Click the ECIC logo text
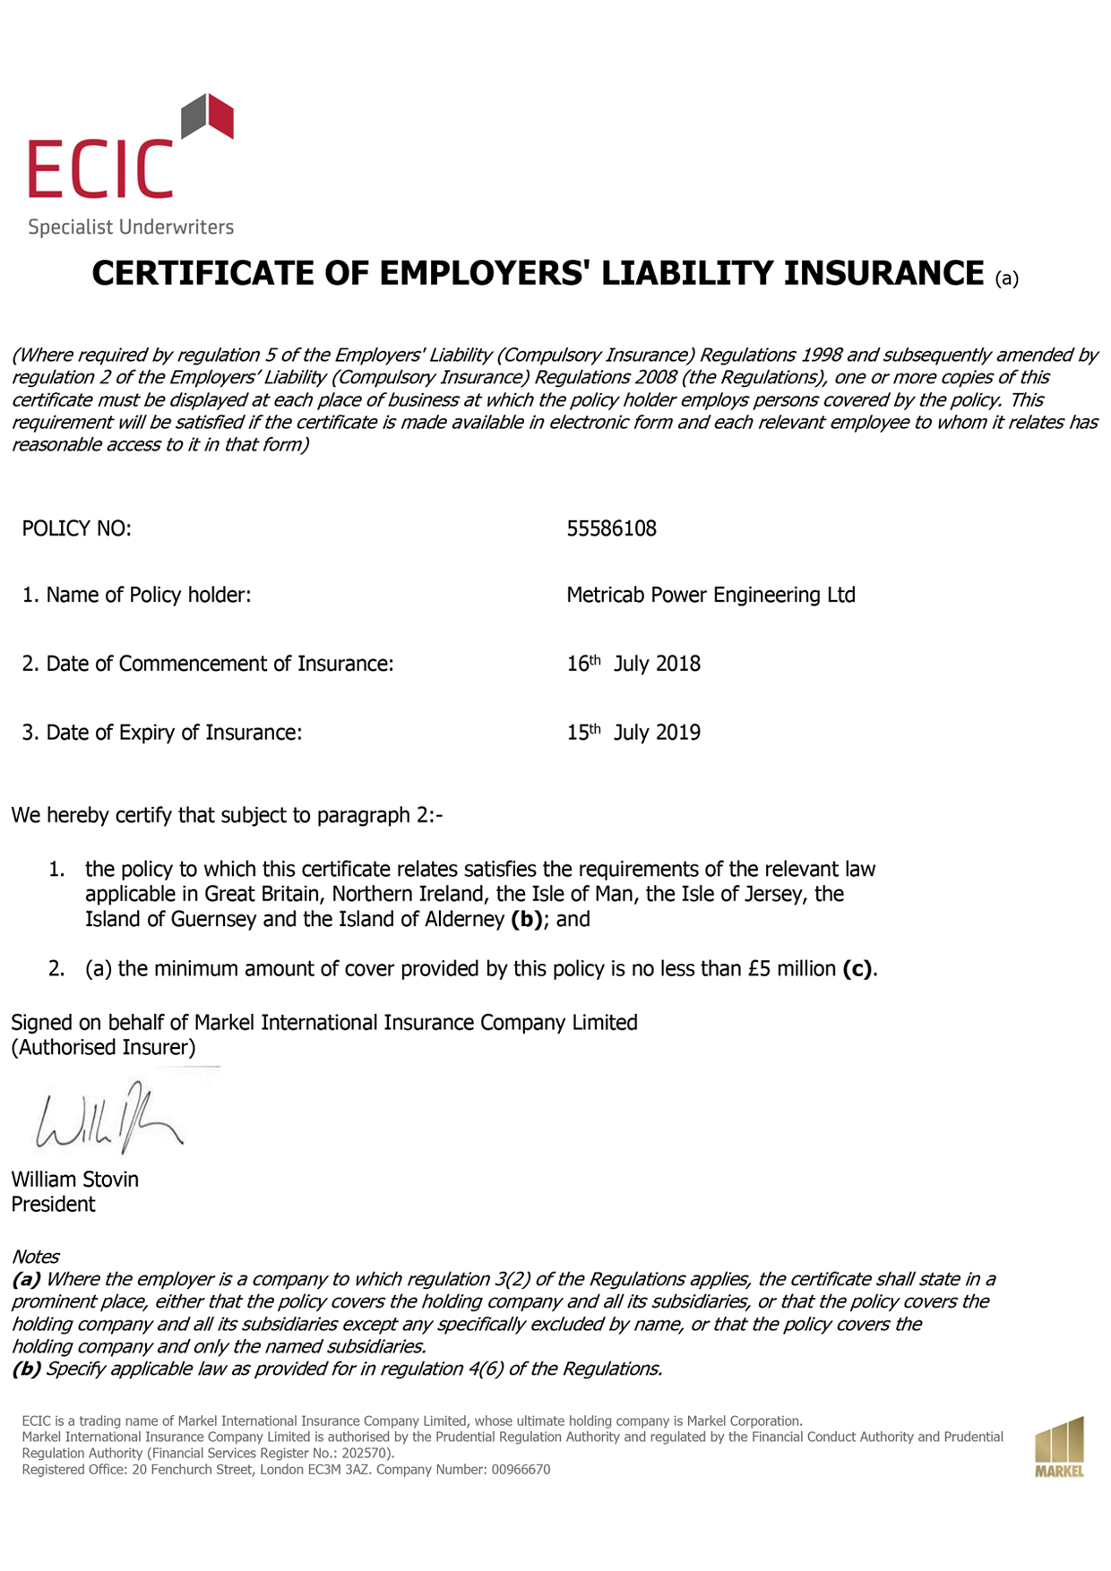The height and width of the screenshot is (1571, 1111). [x=99, y=168]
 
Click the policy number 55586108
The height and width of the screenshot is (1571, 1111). [x=611, y=528]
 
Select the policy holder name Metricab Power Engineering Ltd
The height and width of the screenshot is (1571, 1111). [x=711, y=595]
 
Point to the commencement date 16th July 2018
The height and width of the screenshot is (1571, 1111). [x=633, y=664]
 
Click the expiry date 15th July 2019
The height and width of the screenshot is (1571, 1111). [x=633, y=733]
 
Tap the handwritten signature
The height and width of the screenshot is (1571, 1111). [x=108, y=1120]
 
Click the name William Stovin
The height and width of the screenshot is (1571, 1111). [x=74, y=1180]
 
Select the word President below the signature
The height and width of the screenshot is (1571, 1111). [x=53, y=1205]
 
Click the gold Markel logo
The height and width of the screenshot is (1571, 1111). [x=1059, y=1447]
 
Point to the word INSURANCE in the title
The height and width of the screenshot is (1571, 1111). [x=883, y=273]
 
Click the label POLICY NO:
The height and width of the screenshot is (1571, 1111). [x=76, y=528]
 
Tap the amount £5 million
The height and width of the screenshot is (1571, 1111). [x=792, y=969]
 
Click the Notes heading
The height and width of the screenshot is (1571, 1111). [x=35, y=1257]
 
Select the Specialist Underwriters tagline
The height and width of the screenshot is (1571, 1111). [x=131, y=227]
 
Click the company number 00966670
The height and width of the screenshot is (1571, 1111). [x=521, y=1470]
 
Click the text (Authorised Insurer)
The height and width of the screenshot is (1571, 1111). [x=103, y=1047]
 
